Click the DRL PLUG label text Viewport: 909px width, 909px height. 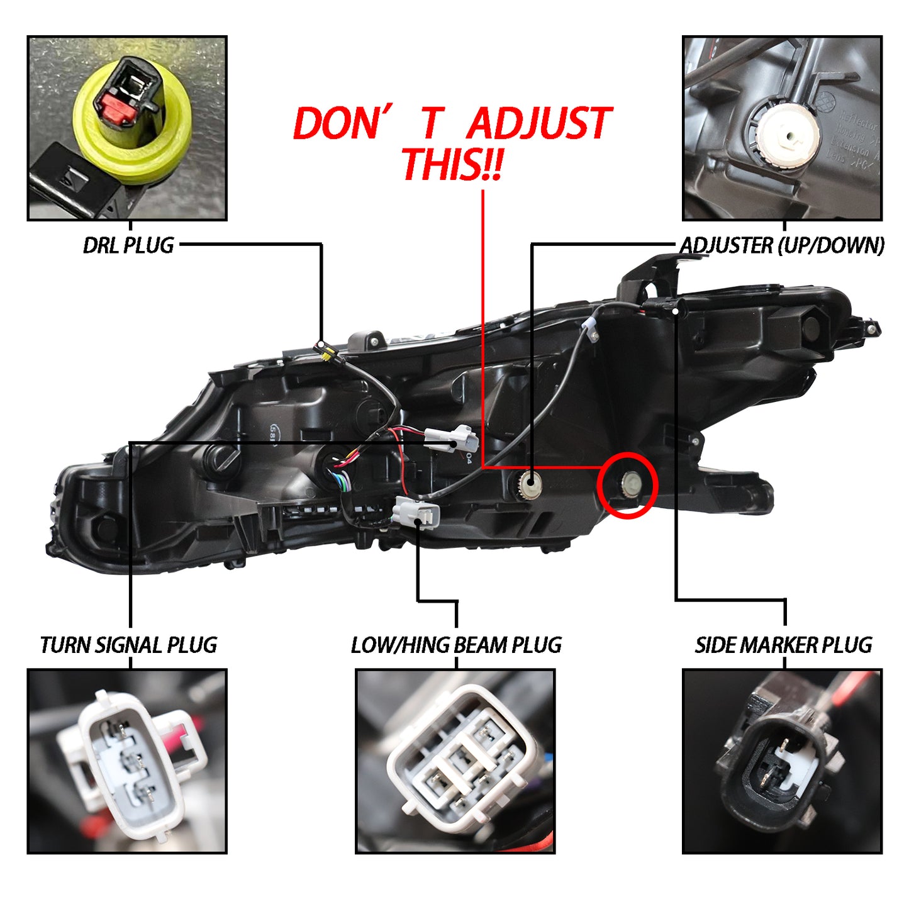(x=128, y=245)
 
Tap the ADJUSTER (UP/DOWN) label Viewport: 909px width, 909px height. (x=782, y=245)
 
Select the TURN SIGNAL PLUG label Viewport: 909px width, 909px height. (x=128, y=645)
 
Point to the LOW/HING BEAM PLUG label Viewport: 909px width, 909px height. (x=456, y=645)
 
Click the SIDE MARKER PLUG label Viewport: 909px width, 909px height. (x=784, y=645)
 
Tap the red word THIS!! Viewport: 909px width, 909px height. (x=451, y=164)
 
